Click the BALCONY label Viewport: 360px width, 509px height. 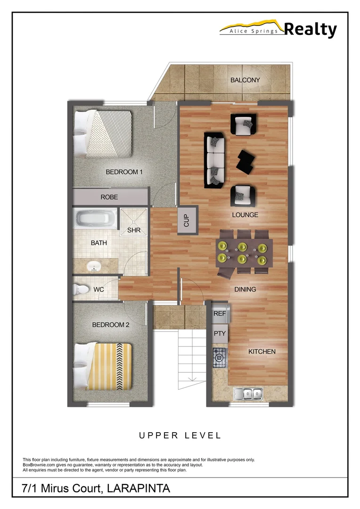click(245, 80)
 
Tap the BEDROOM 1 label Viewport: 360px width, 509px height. click(124, 172)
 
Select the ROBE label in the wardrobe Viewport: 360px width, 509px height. click(109, 197)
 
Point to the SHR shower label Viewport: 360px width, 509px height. click(134, 230)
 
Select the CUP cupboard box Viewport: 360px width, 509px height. click(186, 220)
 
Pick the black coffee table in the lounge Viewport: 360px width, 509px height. click(246, 161)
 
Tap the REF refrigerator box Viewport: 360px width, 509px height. click(220, 313)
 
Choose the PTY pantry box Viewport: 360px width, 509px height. click(220, 334)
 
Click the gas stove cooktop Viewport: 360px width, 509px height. click(220, 358)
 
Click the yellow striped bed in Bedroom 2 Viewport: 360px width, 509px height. click(104, 366)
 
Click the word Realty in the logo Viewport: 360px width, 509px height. click(311, 30)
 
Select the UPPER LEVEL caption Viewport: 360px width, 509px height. click(180, 435)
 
